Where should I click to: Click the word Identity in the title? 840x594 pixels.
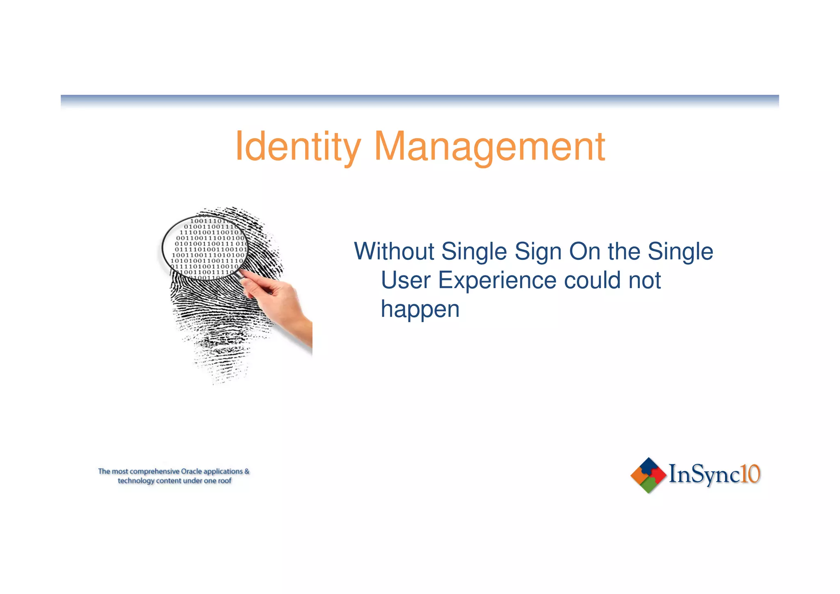point(298,147)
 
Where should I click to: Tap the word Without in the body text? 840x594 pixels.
point(394,251)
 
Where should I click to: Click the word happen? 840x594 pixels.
point(420,309)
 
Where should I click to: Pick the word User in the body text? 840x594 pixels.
point(406,280)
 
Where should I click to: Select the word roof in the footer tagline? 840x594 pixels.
point(225,481)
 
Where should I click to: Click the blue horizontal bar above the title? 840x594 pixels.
point(420,99)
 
